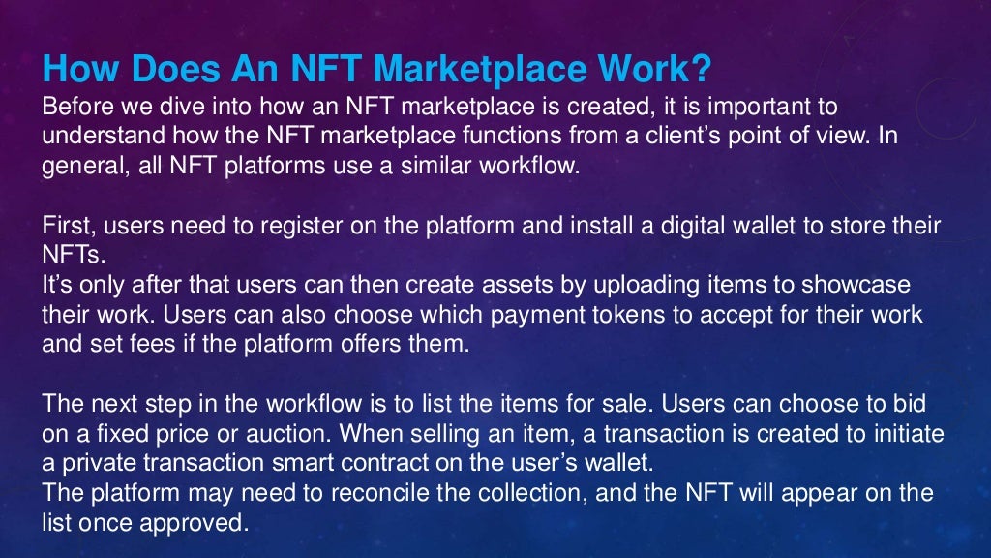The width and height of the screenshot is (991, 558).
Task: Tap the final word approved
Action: pyautogui.click(x=200, y=524)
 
